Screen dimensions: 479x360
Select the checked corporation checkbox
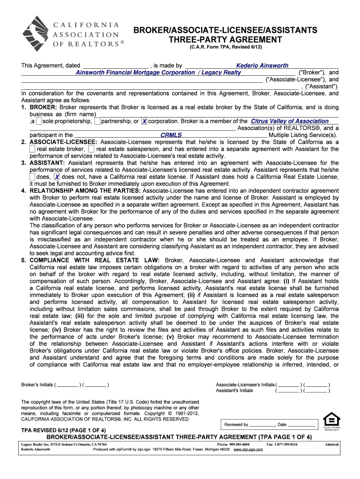tap(144, 121)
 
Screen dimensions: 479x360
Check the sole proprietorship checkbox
tap(39, 121)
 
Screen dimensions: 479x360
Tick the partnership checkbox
tap(97, 121)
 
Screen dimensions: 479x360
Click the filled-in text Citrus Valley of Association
tap(289, 121)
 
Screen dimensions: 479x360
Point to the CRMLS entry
tap(171, 135)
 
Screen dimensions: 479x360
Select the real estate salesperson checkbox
tap(91, 149)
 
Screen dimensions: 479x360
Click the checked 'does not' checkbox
tap(57, 177)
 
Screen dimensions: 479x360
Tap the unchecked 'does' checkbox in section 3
tap(32, 177)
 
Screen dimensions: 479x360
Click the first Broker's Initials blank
tap(68, 385)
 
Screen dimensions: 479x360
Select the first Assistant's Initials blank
tap(288, 391)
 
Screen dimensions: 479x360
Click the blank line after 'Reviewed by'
tap(262, 425)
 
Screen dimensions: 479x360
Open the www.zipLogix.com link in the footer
tap(248, 449)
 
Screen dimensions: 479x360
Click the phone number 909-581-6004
tap(239, 444)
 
